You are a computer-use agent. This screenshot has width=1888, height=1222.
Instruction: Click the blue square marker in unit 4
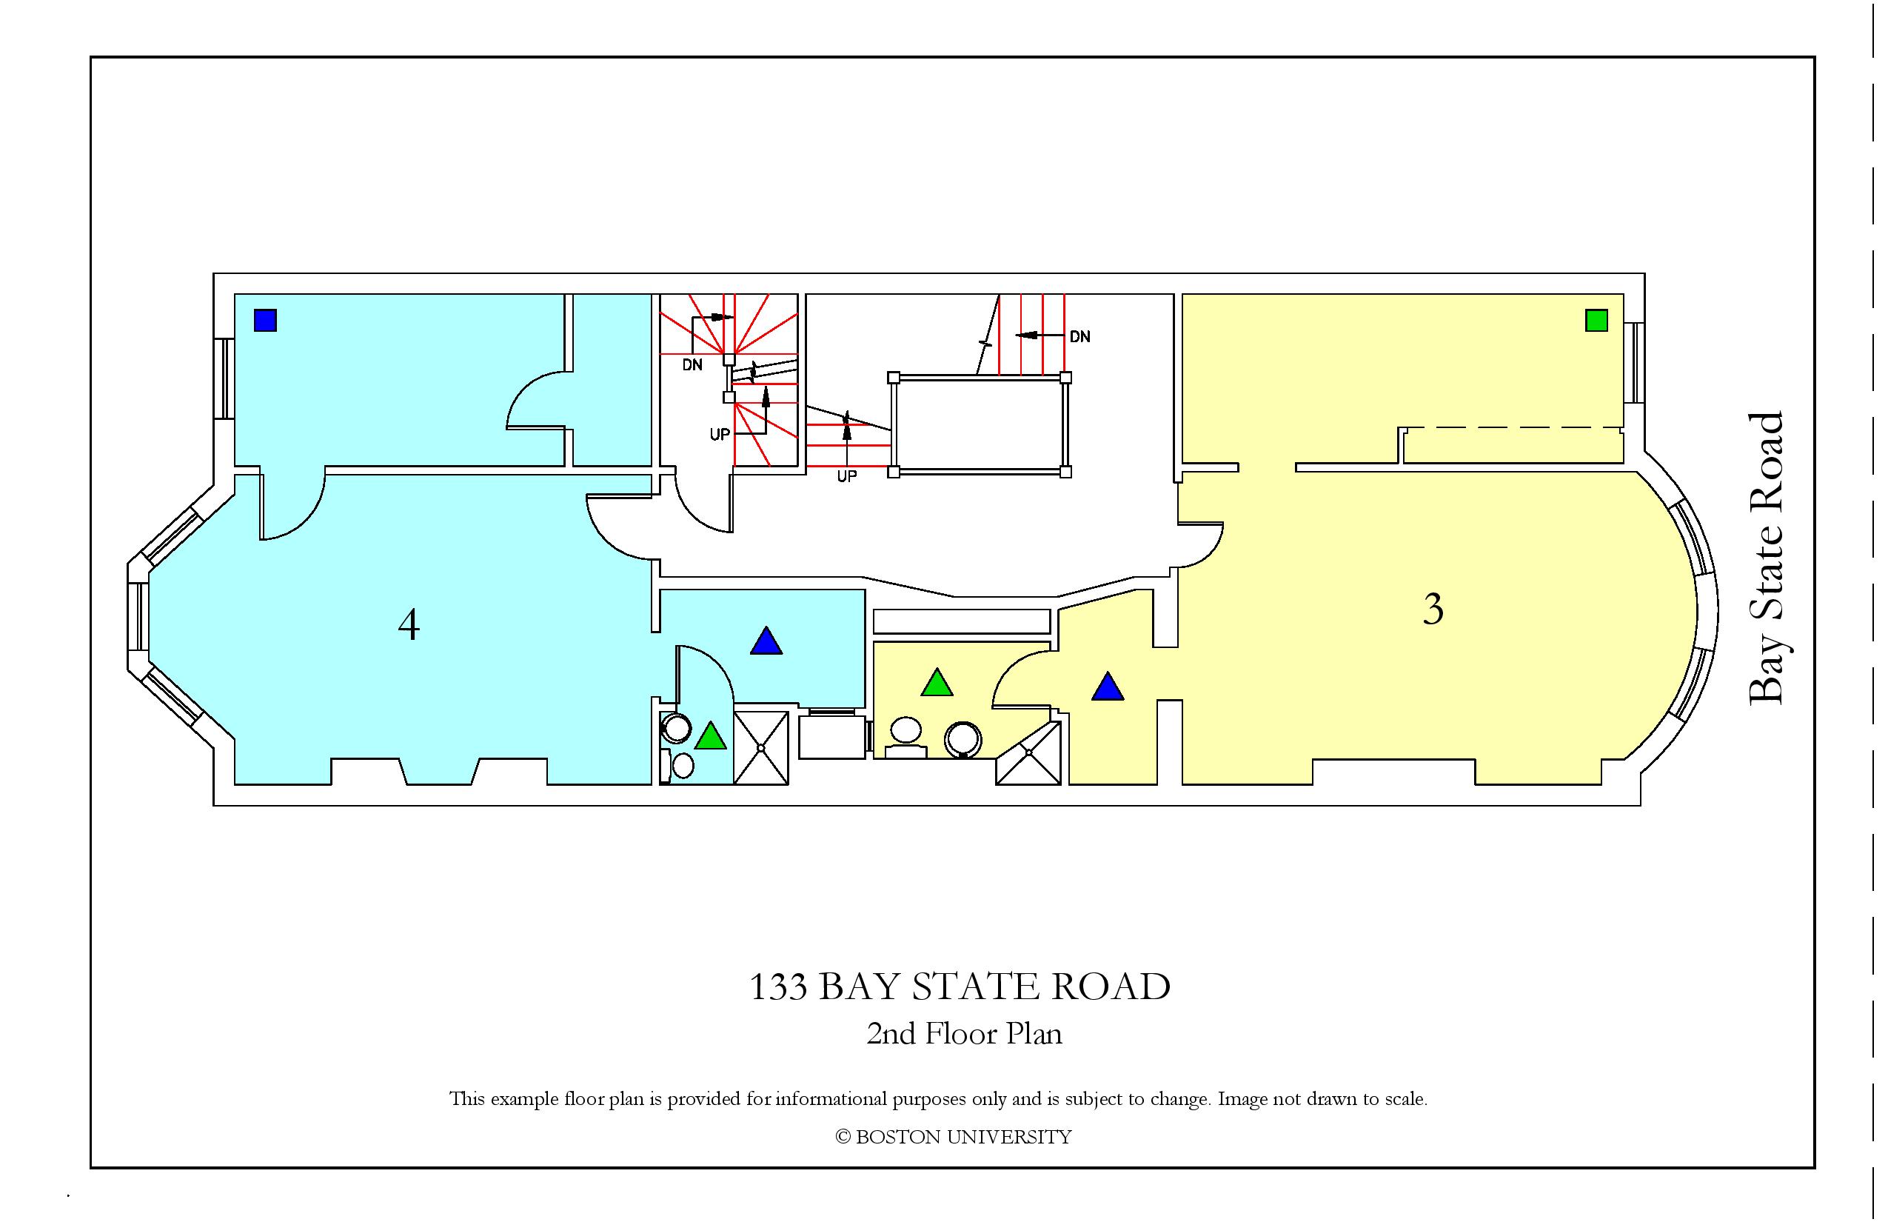[265, 320]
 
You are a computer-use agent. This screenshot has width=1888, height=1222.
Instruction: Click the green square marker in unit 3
[1596, 320]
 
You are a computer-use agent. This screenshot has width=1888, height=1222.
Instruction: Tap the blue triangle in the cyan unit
[766, 641]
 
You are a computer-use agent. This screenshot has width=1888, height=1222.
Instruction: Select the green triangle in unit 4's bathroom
[711, 735]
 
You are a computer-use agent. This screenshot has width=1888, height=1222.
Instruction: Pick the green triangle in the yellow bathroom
[937, 683]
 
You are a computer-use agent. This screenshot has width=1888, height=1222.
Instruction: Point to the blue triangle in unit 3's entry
[1108, 687]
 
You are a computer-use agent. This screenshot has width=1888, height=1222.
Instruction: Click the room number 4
[409, 624]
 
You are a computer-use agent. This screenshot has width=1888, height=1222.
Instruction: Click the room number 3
[1433, 610]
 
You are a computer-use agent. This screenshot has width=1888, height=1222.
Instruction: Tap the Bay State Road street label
[1767, 557]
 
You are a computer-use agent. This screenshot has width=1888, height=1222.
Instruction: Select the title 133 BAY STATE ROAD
[960, 986]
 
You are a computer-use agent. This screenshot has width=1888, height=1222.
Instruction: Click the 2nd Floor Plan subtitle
[964, 1034]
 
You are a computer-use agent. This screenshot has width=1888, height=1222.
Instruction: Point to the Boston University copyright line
[954, 1137]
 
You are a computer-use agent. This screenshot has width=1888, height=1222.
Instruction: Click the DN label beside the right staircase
[1079, 336]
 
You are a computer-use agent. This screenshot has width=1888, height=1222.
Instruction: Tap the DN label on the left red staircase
[692, 365]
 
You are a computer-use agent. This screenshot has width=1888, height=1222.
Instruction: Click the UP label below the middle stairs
[847, 476]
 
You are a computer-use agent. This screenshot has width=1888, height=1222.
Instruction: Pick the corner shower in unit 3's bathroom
[1029, 753]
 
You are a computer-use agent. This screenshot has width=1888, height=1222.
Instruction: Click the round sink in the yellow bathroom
[964, 740]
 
